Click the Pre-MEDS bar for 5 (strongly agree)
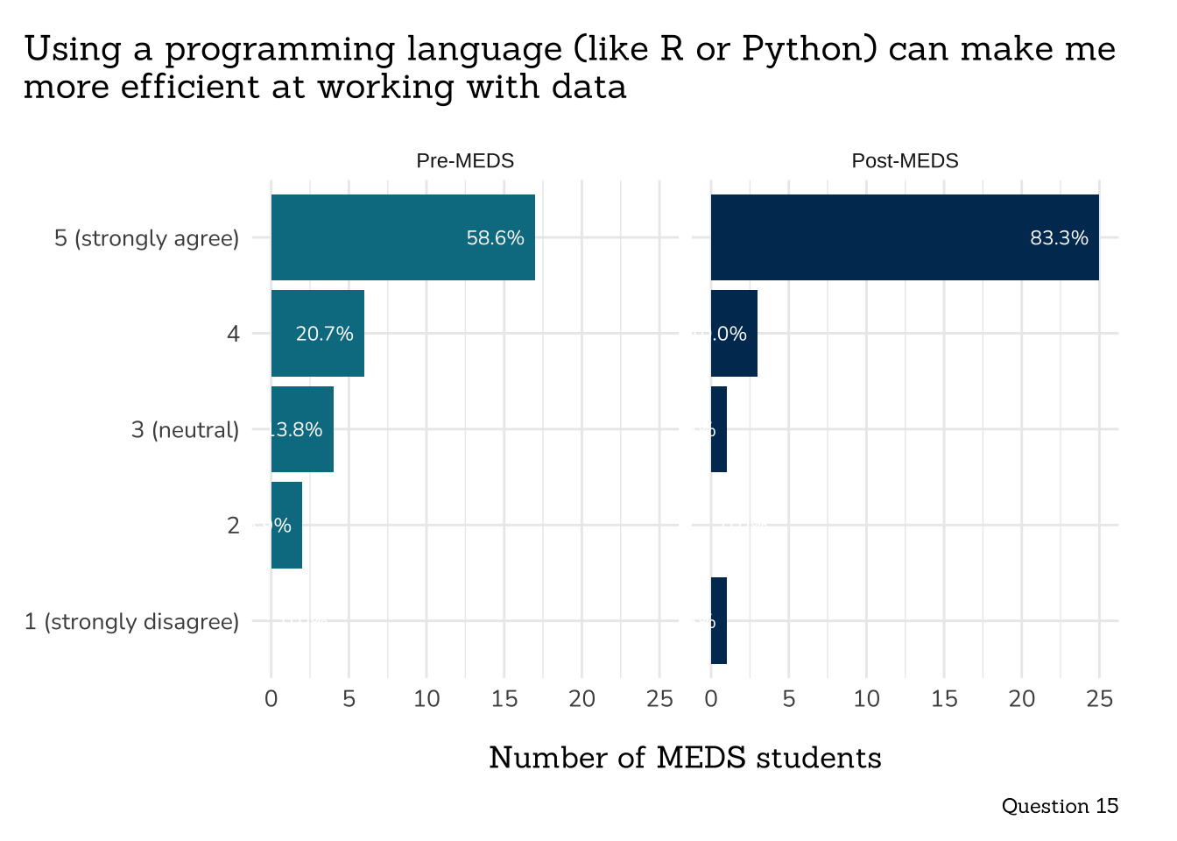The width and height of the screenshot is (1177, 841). [x=403, y=237]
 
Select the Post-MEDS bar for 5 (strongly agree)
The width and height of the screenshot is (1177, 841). [x=905, y=237]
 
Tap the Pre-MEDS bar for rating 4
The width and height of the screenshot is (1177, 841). [x=317, y=333]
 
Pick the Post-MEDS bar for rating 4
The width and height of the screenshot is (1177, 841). [x=734, y=333]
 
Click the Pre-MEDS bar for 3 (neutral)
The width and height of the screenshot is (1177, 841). [x=302, y=429]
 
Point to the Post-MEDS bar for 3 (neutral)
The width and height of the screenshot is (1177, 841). [x=719, y=429]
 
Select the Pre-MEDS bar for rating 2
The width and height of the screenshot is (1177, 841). [x=286, y=526]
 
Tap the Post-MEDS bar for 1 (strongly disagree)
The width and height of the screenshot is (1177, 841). [x=719, y=621]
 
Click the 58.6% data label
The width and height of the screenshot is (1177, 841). [x=495, y=237]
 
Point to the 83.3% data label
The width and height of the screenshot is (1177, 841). [x=1059, y=237]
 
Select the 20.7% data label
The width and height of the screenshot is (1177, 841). [x=324, y=334]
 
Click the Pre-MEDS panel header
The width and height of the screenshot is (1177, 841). [x=465, y=161]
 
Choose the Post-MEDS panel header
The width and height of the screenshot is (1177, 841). [x=905, y=161]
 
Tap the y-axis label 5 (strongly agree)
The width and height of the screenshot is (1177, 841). [x=146, y=238]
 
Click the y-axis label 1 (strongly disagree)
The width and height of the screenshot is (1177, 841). [x=131, y=622]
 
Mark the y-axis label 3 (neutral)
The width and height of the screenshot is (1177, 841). [x=185, y=430]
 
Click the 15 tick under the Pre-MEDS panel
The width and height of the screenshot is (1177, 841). [x=504, y=699]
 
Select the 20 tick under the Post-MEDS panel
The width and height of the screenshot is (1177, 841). [x=1021, y=699]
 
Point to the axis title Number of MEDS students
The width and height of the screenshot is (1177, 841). [x=685, y=758]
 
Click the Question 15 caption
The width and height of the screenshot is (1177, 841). [x=1060, y=806]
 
